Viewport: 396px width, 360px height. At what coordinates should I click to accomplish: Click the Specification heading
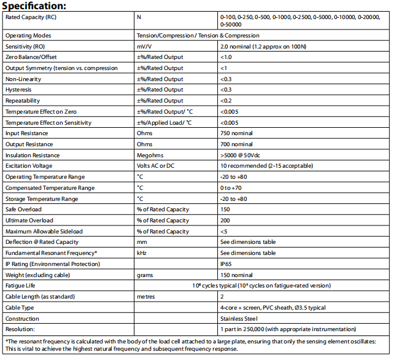pos(42,6)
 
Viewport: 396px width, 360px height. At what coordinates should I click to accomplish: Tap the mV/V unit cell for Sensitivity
pos(145,46)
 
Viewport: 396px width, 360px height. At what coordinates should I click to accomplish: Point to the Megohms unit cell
pos(150,155)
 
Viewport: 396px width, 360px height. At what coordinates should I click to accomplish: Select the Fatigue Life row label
pos(21,286)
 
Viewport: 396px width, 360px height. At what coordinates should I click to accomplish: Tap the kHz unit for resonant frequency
pos(141,253)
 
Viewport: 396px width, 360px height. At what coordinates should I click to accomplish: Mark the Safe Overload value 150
pos(225,209)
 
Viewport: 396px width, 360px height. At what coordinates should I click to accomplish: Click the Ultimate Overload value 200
pos(225,221)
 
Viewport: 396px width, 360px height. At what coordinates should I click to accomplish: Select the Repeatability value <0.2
pos(226,101)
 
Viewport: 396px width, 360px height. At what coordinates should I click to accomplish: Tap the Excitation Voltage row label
pos(29,166)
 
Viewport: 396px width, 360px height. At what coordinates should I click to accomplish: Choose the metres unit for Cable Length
pos(146,297)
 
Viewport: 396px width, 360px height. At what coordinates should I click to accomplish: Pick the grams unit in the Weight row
pos(144,275)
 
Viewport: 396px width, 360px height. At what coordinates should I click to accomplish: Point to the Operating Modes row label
pos(28,36)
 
